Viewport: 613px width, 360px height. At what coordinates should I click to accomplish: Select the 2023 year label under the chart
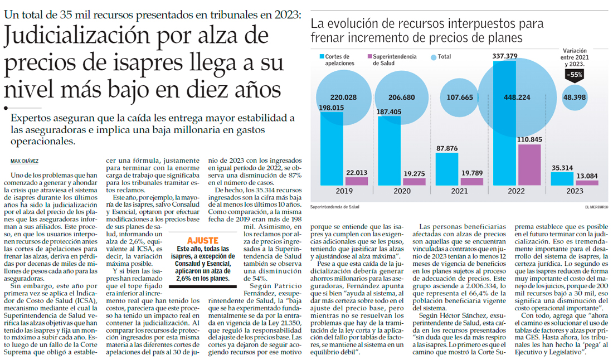pyautogui.click(x=575, y=191)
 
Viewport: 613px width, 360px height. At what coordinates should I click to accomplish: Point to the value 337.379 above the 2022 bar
pyautogui.click(x=505, y=56)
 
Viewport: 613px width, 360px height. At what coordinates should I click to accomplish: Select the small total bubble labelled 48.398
pyautogui.click(x=574, y=98)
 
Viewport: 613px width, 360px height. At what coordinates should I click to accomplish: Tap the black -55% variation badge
pyautogui.click(x=575, y=74)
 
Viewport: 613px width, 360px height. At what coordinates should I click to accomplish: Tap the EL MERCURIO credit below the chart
pyautogui.click(x=596, y=207)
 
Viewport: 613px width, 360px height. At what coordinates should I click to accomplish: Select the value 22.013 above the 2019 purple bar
pyautogui.click(x=356, y=173)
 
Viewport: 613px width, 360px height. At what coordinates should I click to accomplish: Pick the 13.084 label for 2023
pyautogui.click(x=587, y=176)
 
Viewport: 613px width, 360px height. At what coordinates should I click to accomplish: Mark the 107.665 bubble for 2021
pyautogui.click(x=459, y=98)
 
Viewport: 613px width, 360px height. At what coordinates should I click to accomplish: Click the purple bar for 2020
pyautogui.click(x=414, y=181)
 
